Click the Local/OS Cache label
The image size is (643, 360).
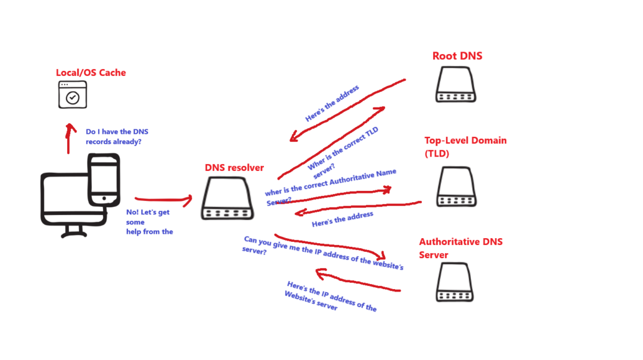[x=91, y=73]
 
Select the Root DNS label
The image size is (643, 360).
[x=457, y=57]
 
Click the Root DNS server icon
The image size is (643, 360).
[x=457, y=84]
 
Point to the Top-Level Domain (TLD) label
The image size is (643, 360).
[x=465, y=147]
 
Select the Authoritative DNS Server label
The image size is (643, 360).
[x=460, y=248]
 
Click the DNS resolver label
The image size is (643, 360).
[x=234, y=168]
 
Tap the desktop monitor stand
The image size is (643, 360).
[x=74, y=231]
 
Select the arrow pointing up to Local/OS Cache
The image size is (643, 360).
[x=69, y=138]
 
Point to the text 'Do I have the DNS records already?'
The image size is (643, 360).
[x=117, y=137]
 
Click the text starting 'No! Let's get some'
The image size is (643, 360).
[x=149, y=222]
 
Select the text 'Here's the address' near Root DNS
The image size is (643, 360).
[x=332, y=104]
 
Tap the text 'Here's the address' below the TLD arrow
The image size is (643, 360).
[x=342, y=219]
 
